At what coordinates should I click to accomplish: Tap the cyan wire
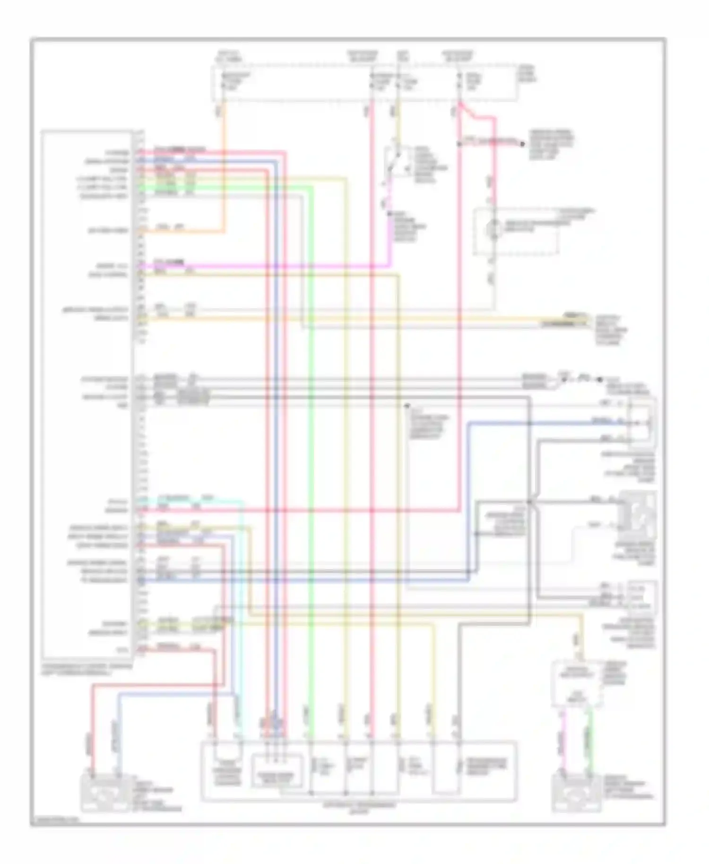pos(243,614)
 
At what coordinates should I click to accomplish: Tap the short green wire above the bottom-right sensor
pos(590,737)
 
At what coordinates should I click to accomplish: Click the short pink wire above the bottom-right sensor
pos(562,737)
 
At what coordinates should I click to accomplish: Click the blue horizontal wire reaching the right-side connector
pos(544,423)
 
